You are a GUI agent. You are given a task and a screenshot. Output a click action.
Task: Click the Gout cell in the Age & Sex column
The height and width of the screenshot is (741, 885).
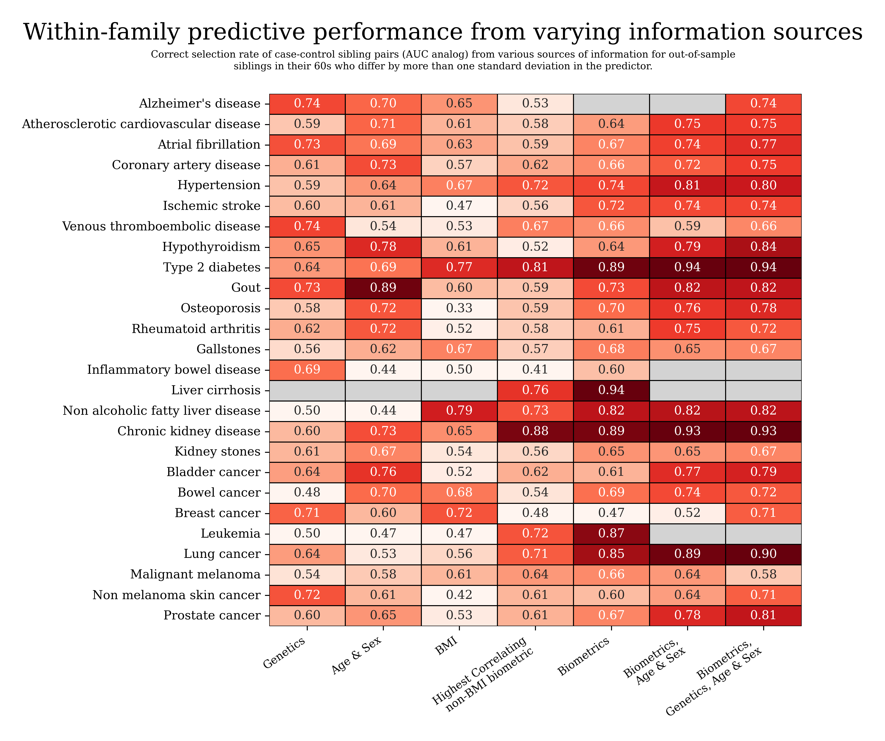pyautogui.click(x=383, y=288)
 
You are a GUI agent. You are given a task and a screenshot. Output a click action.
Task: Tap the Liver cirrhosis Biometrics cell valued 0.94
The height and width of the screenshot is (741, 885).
pyautogui.click(x=611, y=390)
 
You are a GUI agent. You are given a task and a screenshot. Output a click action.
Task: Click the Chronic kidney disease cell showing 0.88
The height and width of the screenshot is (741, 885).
pyautogui.click(x=535, y=431)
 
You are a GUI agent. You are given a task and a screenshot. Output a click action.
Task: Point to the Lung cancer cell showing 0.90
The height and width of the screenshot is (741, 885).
pyautogui.click(x=763, y=554)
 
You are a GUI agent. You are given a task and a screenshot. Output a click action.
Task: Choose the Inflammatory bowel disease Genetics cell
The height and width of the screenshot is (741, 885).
pyautogui.click(x=307, y=369)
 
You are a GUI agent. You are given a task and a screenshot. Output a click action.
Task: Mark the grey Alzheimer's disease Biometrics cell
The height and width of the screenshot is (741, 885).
pyautogui.click(x=611, y=104)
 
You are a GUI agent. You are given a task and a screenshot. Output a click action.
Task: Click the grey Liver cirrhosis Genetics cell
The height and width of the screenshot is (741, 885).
pyautogui.click(x=307, y=390)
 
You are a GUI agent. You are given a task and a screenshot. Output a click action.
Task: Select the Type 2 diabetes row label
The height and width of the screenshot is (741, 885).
pyautogui.click(x=212, y=267)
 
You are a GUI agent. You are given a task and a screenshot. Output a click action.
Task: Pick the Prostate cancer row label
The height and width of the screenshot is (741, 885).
pyautogui.click(x=212, y=615)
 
